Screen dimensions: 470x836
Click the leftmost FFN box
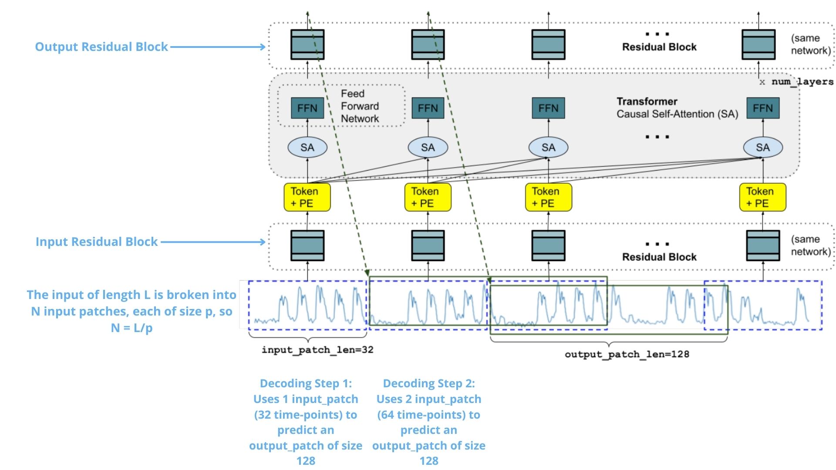(307, 108)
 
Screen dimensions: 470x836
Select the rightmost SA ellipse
(762, 148)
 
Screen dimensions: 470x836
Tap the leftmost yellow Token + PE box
(307, 197)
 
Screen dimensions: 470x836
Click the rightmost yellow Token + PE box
(762, 197)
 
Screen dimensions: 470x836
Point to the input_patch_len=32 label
(317, 350)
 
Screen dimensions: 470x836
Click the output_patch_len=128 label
(627, 354)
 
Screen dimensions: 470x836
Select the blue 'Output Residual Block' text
(101, 47)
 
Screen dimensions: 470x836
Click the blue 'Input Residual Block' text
(96, 242)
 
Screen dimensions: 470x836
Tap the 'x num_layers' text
(796, 82)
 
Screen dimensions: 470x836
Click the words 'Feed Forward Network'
(360, 106)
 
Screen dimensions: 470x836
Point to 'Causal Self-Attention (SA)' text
(677, 114)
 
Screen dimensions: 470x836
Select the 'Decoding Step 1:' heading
(306, 383)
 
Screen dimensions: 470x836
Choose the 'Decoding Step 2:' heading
(429, 383)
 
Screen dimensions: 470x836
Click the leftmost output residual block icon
(307, 44)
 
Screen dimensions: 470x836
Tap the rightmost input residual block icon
(762, 245)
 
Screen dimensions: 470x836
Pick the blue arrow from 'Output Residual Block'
(218, 47)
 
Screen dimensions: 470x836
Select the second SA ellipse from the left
(428, 148)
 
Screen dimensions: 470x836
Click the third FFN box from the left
(548, 108)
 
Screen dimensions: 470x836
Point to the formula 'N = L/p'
(131, 328)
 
